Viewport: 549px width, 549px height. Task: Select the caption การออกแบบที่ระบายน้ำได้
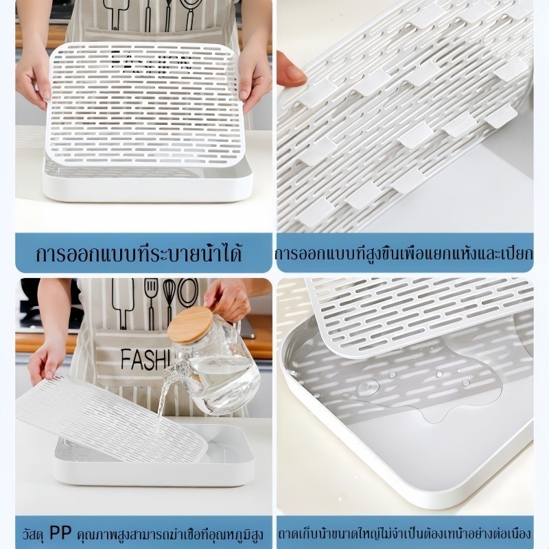tap(139, 253)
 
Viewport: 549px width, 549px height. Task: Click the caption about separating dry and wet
tap(405, 254)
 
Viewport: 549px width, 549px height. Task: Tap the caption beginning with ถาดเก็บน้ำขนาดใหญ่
tap(405, 535)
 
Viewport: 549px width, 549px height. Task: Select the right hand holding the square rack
tap(255, 81)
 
